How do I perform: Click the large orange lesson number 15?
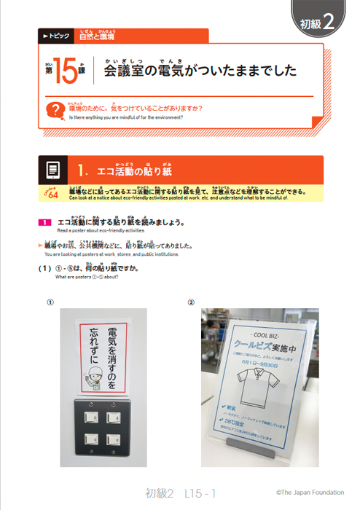click(x=65, y=74)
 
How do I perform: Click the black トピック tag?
click(x=56, y=35)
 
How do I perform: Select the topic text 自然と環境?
click(x=96, y=34)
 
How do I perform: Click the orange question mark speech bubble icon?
click(x=52, y=111)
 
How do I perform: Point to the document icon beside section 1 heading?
click(x=53, y=170)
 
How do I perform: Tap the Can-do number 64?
click(x=52, y=193)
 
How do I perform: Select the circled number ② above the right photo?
click(x=191, y=302)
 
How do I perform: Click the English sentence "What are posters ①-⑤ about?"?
click(x=87, y=277)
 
